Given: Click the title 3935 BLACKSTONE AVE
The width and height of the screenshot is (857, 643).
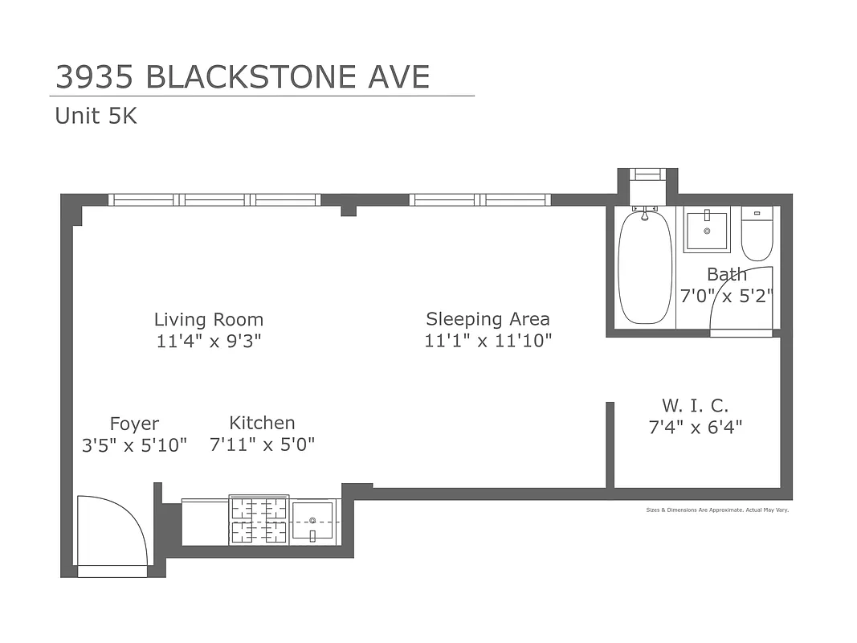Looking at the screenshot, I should [242, 77].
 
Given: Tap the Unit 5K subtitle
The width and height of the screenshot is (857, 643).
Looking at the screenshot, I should [96, 117].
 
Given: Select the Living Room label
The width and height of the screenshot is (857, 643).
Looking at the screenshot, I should [209, 320].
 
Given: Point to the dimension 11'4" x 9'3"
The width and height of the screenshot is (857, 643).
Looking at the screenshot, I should [209, 341].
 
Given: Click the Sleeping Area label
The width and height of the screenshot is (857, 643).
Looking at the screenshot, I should [488, 319].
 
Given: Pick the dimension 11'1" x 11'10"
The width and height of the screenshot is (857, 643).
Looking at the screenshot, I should [488, 341].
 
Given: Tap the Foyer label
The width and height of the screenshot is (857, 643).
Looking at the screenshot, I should [134, 424].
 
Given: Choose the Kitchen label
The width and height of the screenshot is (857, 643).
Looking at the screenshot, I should [262, 423].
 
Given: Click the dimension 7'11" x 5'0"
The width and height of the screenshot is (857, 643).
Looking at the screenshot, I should [262, 444].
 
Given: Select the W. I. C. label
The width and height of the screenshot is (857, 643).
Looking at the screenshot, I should [695, 405].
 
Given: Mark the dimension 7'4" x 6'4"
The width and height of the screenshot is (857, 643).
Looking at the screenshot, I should [695, 427].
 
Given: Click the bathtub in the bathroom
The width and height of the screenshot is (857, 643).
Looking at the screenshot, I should [644, 268].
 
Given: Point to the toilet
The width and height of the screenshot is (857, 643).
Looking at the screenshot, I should [757, 232].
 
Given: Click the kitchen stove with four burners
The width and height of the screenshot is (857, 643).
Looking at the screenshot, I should [259, 520].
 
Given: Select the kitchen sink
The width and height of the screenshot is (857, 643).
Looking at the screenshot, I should [313, 520].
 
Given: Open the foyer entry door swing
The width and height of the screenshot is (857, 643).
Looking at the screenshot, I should [111, 532].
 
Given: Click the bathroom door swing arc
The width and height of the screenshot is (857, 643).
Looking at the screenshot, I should [741, 299].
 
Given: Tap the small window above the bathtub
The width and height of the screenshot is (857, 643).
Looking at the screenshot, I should [647, 174].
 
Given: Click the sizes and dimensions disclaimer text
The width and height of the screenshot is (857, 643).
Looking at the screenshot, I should [717, 510].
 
